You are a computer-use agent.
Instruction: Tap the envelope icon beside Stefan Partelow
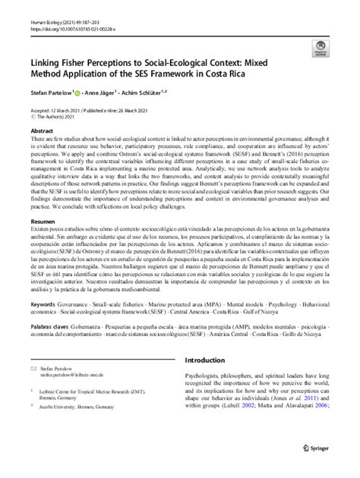[33, 387]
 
